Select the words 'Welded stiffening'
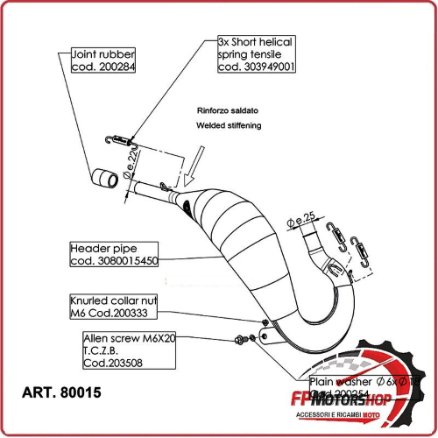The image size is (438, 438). [230, 126]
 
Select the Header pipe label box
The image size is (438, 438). [114, 254]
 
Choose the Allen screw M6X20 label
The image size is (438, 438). [129, 337]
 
